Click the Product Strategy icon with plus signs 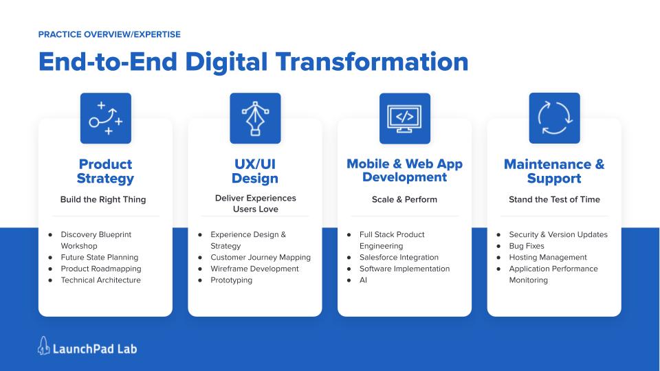[106, 118]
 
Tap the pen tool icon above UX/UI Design [255, 118]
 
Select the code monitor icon [405, 118]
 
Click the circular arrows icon [554, 118]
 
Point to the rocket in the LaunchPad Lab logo [43, 346]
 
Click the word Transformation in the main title [372, 62]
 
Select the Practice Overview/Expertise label [109, 34]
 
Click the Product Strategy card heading [105, 171]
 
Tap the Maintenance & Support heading [554, 171]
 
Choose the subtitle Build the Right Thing [103, 199]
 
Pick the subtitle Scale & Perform [404, 199]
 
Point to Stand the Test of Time [554, 199]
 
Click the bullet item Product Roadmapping [101, 269]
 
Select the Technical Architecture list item [101, 280]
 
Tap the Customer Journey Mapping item [261, 258]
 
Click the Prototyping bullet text [232, 280]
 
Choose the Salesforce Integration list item [399, 258]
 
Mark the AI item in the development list [363, 280]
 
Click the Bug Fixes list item [527, 246]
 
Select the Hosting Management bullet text [548, 258]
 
